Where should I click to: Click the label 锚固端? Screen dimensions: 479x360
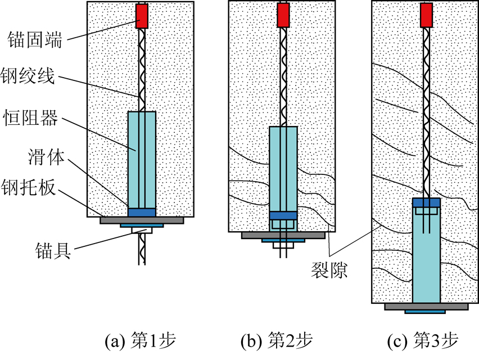[34, 39]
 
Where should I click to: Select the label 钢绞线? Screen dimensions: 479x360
[28, 75]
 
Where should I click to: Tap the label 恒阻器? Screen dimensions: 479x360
[30, 118]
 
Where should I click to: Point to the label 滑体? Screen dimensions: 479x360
[47, 157]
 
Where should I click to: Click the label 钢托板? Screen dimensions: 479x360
[29, 187]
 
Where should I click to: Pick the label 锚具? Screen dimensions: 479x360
[53, 251]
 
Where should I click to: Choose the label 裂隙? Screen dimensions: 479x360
[329, 270]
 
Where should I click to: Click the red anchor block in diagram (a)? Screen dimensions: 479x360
[142, 16]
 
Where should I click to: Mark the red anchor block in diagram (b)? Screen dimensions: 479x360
[283, 15]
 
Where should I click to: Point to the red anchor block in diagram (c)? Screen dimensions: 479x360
[427, 15]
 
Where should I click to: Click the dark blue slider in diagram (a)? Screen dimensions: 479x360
[142, 213]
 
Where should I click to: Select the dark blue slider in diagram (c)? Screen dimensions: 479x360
[427, 202]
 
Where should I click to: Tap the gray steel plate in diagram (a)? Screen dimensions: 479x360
[142, 220]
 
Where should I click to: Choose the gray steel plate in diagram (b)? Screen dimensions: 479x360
[283, 235]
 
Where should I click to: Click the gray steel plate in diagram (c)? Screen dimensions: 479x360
[426, 307]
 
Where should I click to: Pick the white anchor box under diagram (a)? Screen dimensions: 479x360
[142, 230]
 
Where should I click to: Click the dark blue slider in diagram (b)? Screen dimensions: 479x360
[283, 215]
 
